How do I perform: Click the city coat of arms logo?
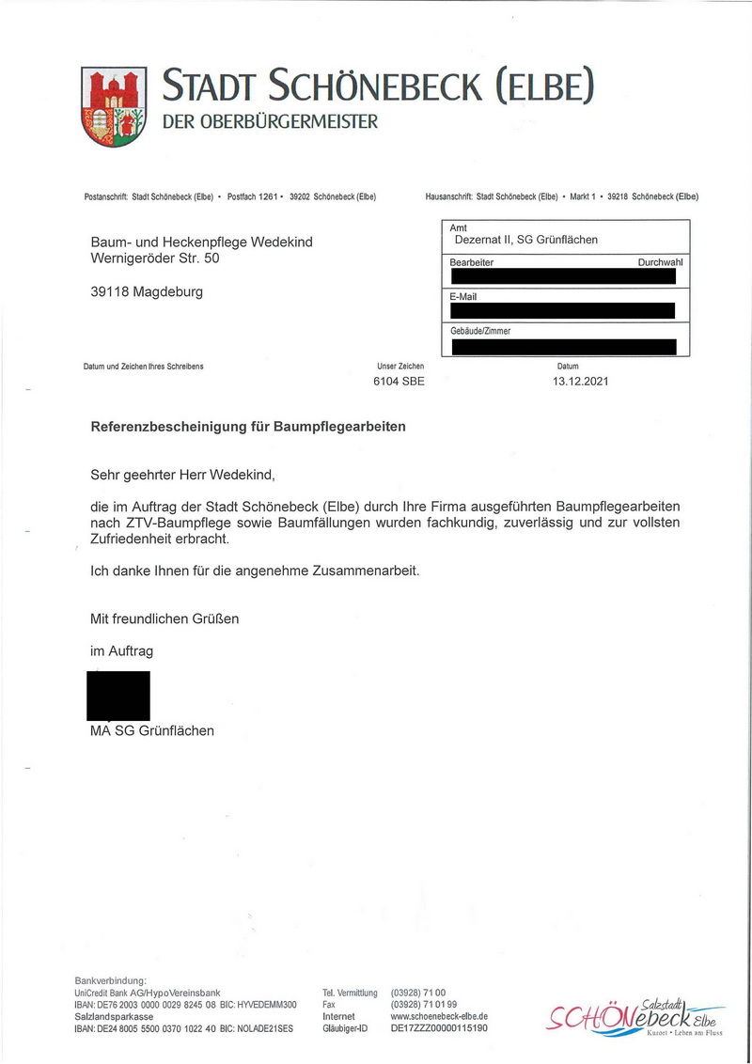pos(114,105)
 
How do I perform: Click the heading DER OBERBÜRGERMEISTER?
pos(271,121)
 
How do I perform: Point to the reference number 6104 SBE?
pos(399,382)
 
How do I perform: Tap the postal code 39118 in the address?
pos(110,291)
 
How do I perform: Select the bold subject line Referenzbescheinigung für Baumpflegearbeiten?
pos(248,426)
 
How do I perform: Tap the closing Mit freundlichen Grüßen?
pos(164,618)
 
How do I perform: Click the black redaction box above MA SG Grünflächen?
pos(118,696)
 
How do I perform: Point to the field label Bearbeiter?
pos(472,262)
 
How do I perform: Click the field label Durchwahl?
pos(660,262)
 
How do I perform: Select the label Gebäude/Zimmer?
pos(480,331)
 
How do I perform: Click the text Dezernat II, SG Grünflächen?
pos(526,240)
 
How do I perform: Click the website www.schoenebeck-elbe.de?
pos(439,1016)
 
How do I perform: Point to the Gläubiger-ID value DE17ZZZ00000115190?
pos(439,1028)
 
